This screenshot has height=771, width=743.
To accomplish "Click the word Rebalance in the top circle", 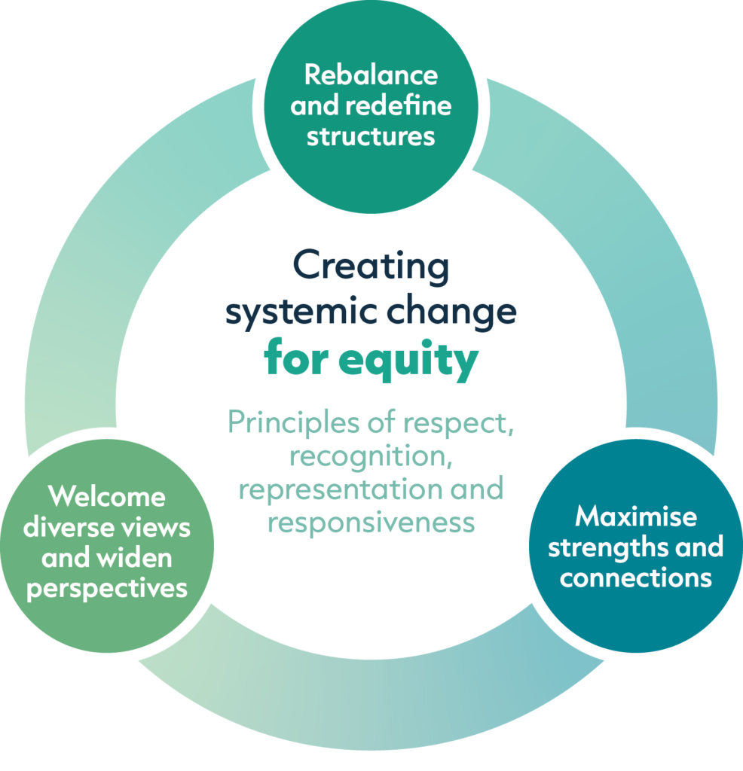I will coord(371,75).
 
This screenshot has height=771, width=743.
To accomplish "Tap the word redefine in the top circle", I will coord(398,106).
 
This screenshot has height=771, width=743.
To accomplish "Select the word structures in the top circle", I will coord(371,137).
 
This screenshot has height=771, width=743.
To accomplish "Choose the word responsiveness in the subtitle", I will coord(371,521).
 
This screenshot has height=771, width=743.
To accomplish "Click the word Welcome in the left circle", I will coord(106,497).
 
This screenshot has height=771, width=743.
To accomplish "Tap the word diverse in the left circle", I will coord(67,528).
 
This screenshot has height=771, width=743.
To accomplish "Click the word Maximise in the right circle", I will coord(635,517).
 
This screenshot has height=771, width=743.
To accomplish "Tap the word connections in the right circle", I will coord(635,578).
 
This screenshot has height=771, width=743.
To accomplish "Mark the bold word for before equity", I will coord(297,359).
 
